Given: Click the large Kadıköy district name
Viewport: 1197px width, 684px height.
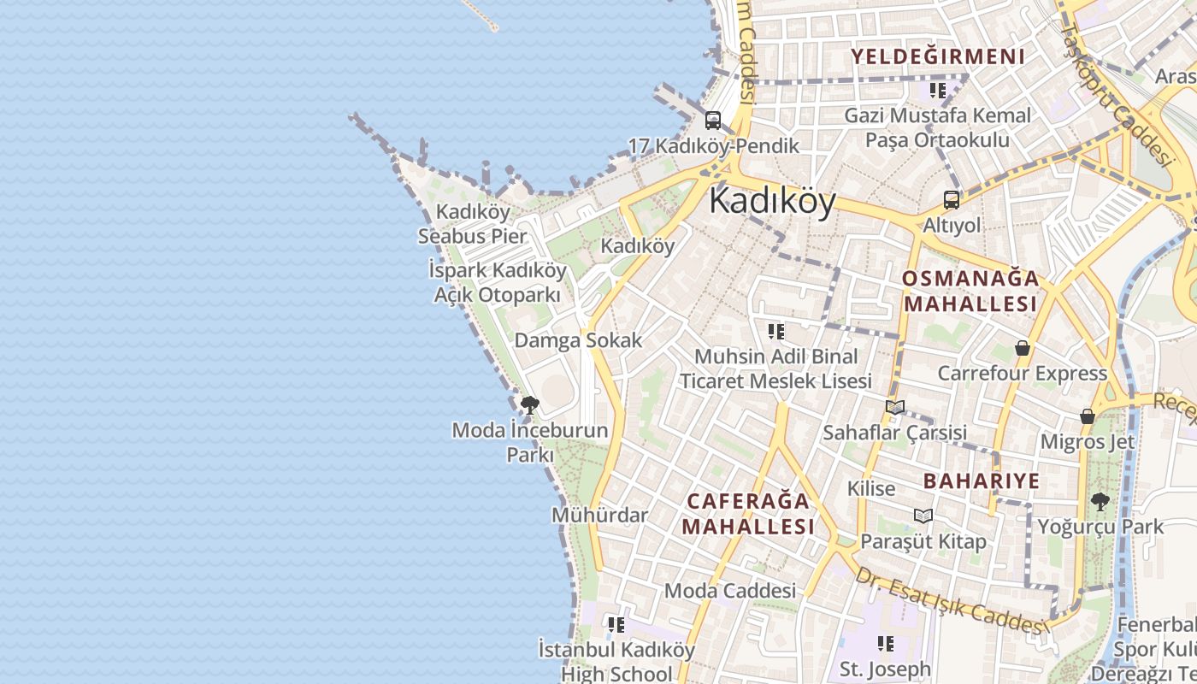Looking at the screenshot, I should [772, 202].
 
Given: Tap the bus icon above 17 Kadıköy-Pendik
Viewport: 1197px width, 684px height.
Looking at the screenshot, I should [713, 121].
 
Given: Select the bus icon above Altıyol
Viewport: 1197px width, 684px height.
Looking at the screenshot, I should [952, 201].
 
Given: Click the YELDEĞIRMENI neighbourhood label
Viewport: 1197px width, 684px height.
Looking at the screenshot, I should [937, 57].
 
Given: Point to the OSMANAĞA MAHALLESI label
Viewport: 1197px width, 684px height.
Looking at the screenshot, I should [970, 291].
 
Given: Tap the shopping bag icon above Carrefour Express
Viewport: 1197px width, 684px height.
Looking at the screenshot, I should [1022, 348].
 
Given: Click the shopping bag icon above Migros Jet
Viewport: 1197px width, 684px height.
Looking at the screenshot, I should [1088, 416].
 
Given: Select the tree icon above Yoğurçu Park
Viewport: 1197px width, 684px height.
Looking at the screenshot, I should [1100, 502].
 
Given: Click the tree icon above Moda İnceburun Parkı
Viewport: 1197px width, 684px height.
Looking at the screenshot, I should [530, 404].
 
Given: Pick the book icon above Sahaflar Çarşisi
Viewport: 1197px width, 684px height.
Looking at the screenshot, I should [895, 408].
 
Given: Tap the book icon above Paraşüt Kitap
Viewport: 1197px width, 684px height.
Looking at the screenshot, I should [923, 516].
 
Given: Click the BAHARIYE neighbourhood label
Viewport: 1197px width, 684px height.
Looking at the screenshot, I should [982, 481].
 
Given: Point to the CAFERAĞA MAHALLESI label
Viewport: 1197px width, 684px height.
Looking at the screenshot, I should [749, 513].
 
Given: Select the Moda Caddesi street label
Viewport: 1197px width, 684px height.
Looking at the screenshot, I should [729, 591].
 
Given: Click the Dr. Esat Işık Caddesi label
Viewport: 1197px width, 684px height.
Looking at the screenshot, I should [951, 603].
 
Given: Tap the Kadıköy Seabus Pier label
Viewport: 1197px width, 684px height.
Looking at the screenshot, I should [473, 223].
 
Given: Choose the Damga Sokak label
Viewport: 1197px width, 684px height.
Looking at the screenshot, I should [577, 340].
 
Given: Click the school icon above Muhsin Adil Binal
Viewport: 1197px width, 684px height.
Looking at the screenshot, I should [775, 331].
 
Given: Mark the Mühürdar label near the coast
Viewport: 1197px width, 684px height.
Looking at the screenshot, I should [599, 516].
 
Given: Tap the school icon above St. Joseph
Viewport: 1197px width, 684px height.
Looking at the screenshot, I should [885, 643].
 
